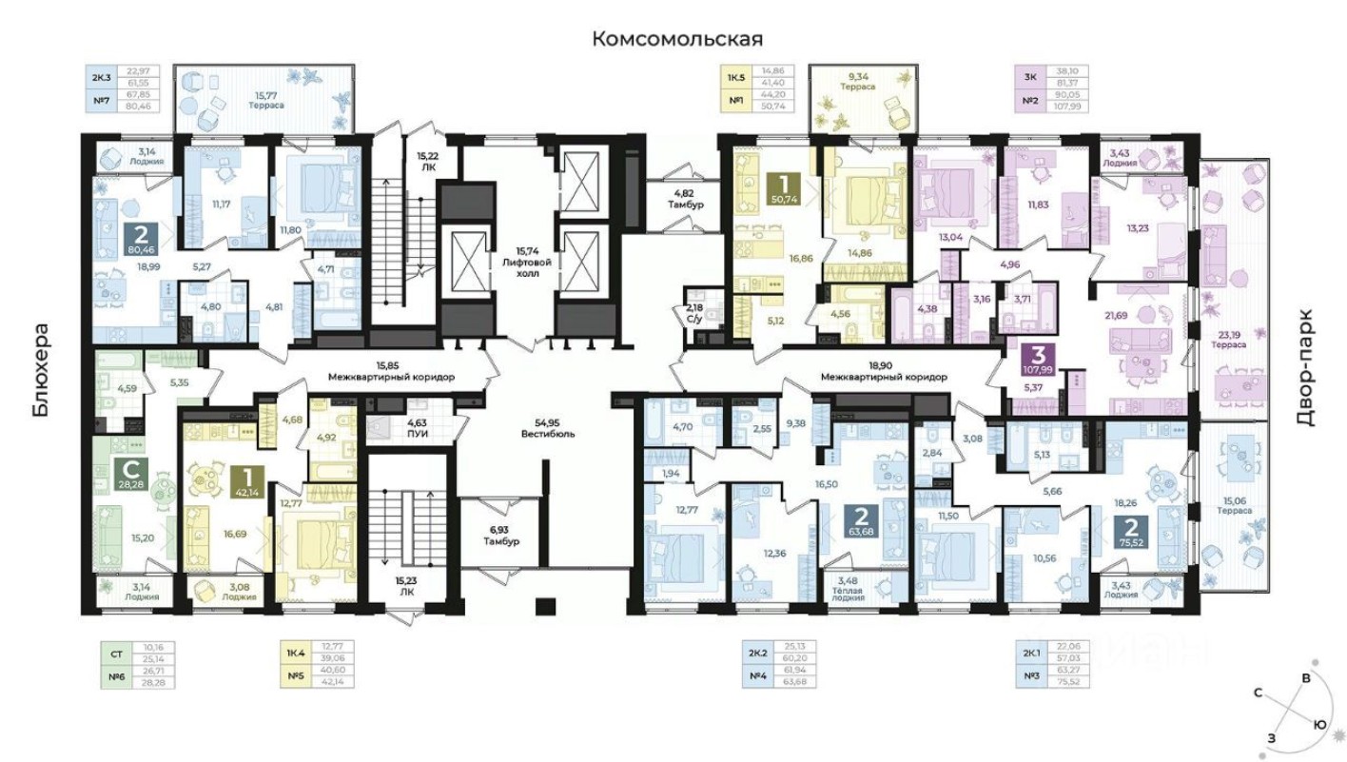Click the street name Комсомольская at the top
677,39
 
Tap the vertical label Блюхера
40,371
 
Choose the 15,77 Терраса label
266,100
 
